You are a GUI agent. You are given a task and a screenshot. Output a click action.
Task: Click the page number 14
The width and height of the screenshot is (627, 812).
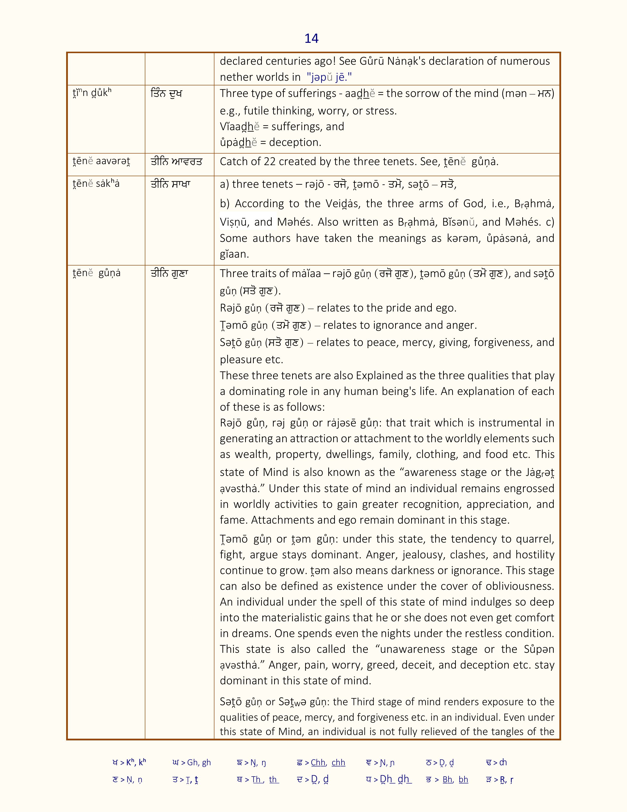pyautogui.click(x=311, y=39)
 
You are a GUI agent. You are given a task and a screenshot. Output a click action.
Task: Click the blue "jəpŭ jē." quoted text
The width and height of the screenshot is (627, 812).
pyautogui.click(x=329, y=77)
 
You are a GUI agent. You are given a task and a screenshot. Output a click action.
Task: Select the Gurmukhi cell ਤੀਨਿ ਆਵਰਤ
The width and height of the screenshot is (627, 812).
pyautogui.click(x=177, y=162)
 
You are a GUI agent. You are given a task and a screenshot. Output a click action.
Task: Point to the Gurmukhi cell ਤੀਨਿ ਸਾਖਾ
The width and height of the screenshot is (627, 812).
pyautogui.click(x=170, y=184)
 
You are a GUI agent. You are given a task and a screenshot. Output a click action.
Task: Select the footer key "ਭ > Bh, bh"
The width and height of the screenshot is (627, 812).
pyautogui.click(x=447, y=780)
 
